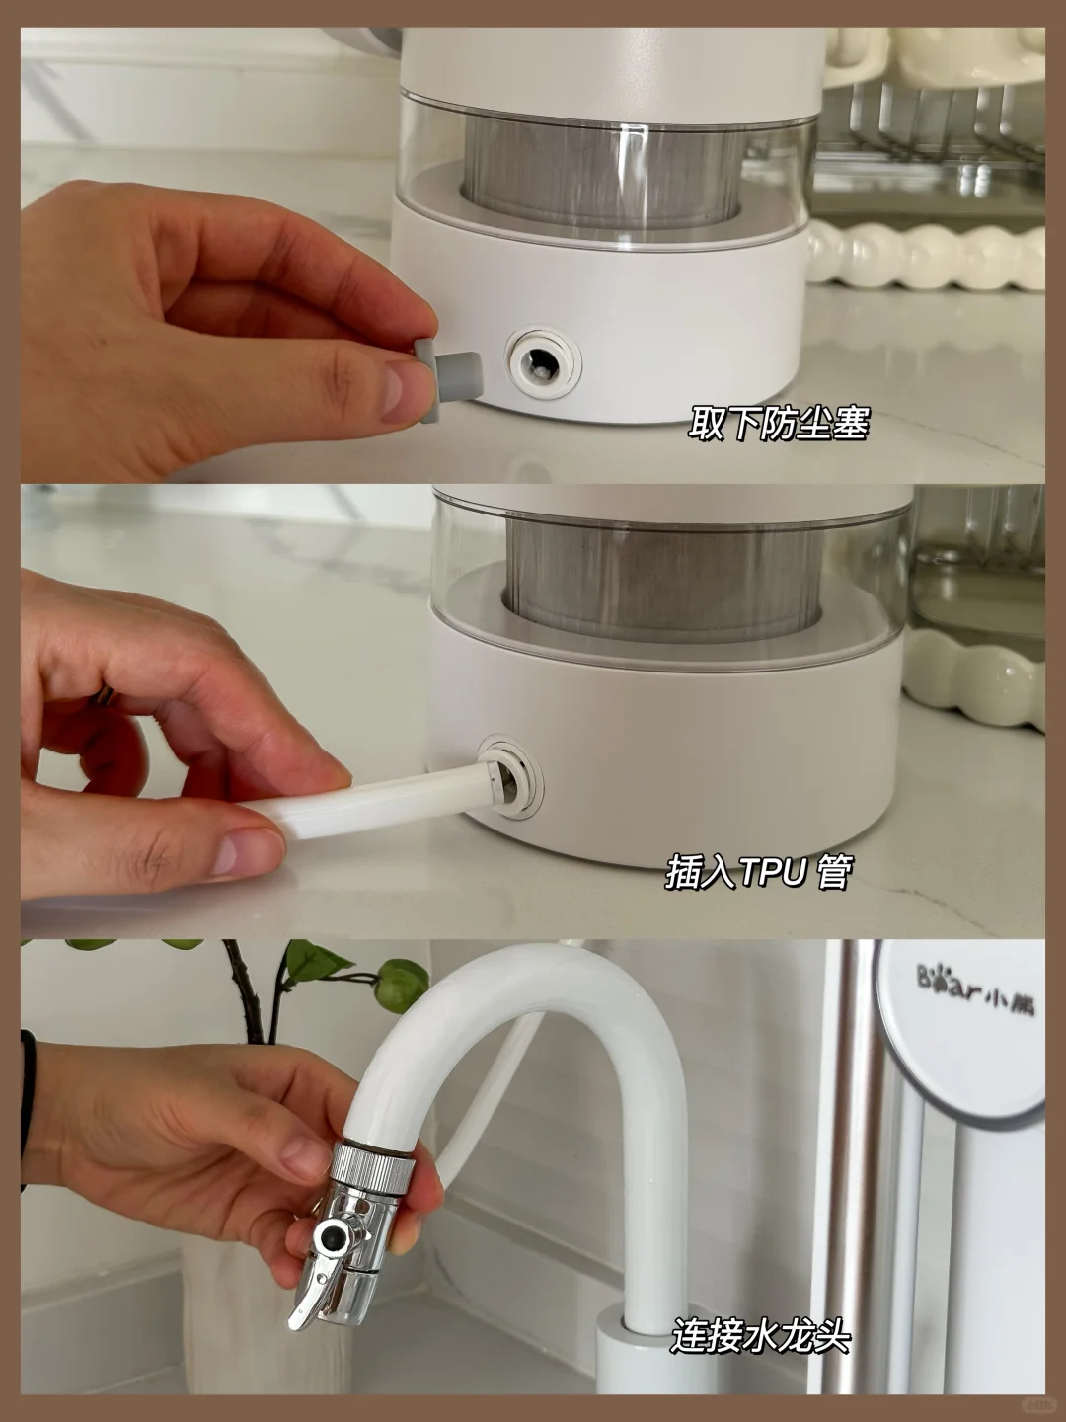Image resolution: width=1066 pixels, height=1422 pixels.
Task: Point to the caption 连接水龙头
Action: coord(761,1334)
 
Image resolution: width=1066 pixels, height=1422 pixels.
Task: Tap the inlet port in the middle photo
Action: coord(510,776)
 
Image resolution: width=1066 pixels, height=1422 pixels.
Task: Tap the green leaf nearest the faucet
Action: coord(402,986)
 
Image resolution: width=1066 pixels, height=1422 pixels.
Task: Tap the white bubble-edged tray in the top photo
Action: coord(926,256)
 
